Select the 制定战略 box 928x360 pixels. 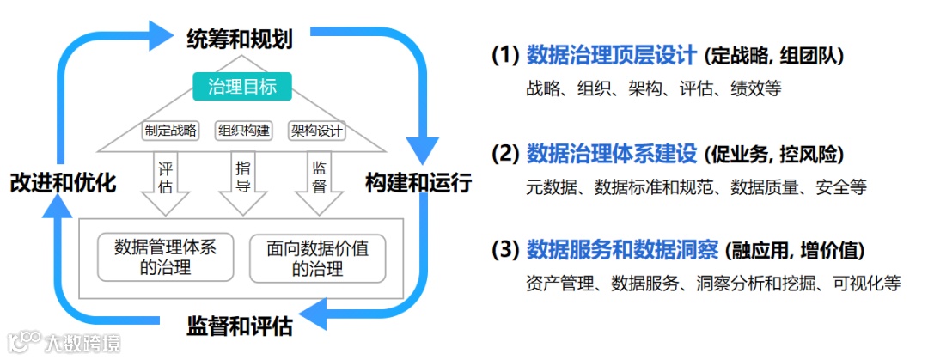[x=170, y=131]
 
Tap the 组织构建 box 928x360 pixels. [x=243, y=131]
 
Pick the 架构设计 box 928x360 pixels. [x=316, y=131]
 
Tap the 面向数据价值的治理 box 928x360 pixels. [x=317, y=257]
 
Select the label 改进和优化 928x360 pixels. [x=63, y=182]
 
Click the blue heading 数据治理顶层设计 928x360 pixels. [x=611, y=56]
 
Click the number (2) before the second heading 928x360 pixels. [x=504, y=155]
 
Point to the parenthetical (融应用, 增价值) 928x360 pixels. [x=795, y=251]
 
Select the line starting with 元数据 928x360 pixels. [x=696, y=186]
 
